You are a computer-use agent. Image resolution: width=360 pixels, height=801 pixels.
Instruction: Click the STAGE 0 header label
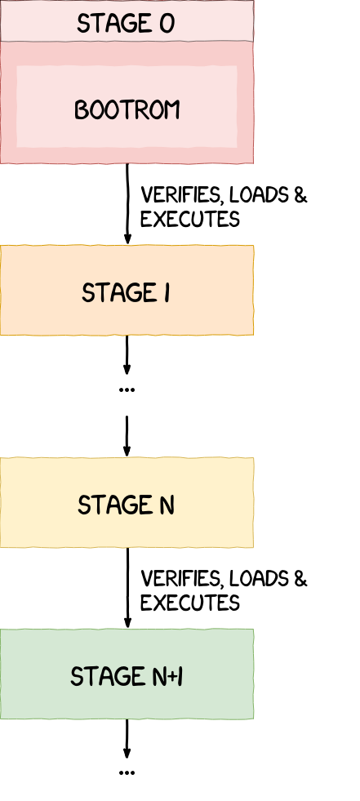126,24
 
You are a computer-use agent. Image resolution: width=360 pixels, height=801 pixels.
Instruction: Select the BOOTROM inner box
127,106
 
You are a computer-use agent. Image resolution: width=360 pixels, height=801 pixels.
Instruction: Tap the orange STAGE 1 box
127,290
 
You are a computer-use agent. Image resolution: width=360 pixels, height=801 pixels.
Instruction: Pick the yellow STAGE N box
127,503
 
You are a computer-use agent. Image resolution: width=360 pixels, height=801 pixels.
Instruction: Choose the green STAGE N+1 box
127,674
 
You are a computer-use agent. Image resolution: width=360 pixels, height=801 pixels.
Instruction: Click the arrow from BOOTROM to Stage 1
127,204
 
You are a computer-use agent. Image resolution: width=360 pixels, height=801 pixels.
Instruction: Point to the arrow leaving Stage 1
127,355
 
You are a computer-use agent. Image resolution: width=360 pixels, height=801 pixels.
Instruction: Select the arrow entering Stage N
127,436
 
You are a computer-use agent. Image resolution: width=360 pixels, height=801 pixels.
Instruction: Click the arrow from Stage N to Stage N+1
127,588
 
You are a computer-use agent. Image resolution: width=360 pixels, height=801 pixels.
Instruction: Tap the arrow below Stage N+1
127,739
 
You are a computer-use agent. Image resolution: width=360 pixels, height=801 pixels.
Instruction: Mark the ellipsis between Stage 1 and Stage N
127,389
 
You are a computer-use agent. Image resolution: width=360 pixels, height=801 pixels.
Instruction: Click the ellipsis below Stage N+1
127,773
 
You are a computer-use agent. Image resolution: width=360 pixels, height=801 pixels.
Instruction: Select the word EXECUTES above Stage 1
190,220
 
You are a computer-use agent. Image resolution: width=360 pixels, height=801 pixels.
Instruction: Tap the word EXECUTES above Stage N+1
190,603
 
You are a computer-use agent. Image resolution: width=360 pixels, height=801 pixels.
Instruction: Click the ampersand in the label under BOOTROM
300,195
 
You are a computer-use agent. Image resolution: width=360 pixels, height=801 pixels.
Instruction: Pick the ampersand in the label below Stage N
300,579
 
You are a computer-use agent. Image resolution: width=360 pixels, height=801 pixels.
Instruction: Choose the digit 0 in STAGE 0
167,24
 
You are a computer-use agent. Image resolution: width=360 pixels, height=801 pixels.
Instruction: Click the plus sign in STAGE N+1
171,678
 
